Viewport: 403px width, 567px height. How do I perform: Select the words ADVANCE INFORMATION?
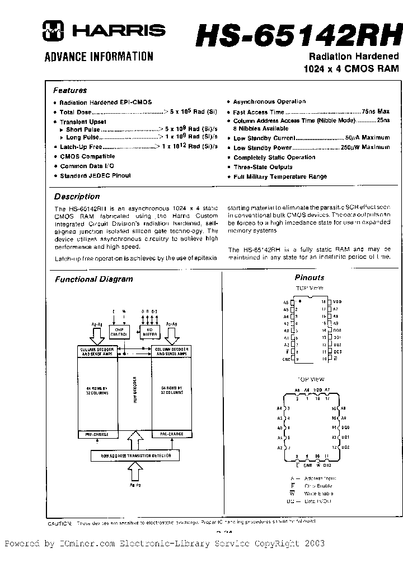coord(99,56)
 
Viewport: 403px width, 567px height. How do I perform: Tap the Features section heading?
coord(70,90)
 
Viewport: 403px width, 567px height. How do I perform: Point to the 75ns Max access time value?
coord(376,111)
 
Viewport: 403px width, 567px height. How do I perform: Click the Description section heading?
coord(77,197)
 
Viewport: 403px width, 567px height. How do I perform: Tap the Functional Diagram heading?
coord(93,279)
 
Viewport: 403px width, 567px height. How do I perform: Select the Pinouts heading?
coord(310,277)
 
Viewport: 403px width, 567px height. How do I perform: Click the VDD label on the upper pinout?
coord(337,301)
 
